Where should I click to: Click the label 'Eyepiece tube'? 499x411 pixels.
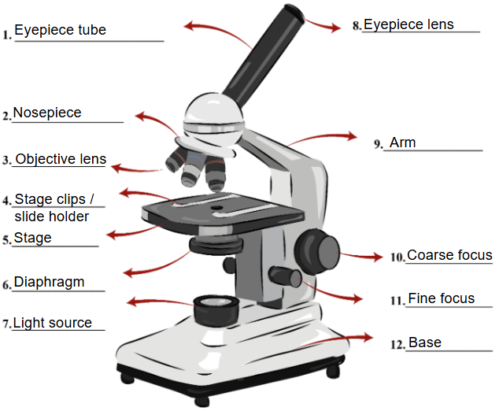pos(60,31)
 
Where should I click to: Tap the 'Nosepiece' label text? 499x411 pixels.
pos(46,113)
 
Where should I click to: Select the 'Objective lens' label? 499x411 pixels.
pos(61,159)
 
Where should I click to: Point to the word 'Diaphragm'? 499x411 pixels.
pos(49,282)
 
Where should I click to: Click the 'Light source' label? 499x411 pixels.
pos(52,323)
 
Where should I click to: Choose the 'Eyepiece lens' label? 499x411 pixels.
pos(408,24)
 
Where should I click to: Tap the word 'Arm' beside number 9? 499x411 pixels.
pos(402,143)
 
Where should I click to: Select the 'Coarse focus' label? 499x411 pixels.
pos(449,255)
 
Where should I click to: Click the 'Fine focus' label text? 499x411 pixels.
pos(441,298)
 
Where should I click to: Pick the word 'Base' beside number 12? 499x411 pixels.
pos(424,342)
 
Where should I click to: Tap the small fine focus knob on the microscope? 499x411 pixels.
pos(283,276)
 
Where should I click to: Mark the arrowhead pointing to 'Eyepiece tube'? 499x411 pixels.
pos(188,26)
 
